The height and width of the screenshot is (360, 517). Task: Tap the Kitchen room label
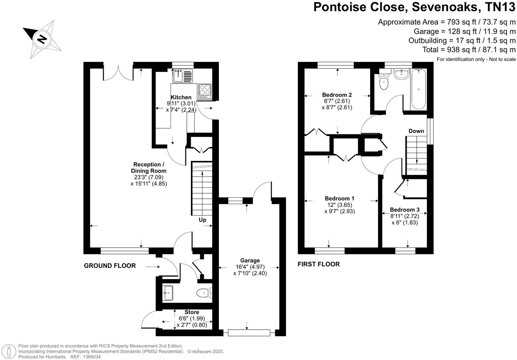[181, 97]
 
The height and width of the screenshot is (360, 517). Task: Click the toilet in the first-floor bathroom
[384, 82]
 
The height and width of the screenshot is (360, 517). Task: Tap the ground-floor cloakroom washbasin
[168, 293]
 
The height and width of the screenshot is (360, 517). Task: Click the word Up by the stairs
[203, 220]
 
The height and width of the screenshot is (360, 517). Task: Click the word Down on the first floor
[416, 131]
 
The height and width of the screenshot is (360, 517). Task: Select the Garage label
[250, 260]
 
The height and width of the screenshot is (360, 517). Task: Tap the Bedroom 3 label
[404, 210]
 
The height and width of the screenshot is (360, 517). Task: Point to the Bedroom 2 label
[337, 95]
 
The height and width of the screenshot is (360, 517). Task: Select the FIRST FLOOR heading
[318, 264]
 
